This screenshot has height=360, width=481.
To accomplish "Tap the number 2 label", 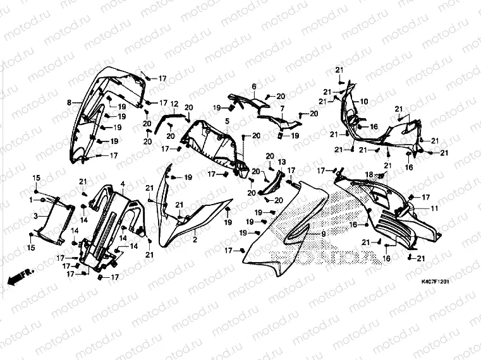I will pos(195,240).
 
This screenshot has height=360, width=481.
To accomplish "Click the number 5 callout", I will pos(226,119).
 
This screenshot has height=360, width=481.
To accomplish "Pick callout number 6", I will pos(253,87).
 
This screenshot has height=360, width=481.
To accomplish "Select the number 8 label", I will pos(68,102).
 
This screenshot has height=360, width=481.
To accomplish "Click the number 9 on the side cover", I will pos(323,234).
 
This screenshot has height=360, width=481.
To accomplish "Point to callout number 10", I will pos(364,101).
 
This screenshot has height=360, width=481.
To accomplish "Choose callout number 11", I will pos(434,208).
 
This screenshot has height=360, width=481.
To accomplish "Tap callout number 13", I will pos(281,162).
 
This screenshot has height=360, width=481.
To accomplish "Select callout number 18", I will pos(370,174).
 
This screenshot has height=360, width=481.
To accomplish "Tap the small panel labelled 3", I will pos(52,221).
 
